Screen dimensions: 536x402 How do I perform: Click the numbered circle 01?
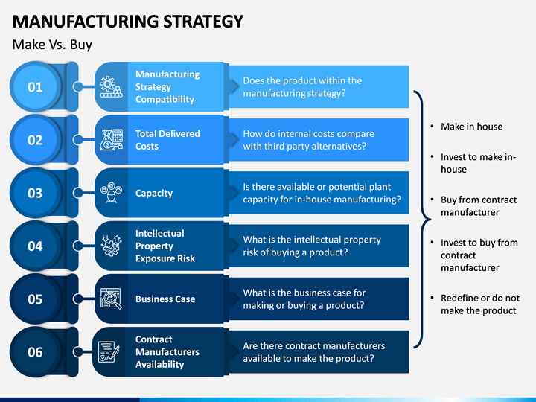click(x=35, y=87)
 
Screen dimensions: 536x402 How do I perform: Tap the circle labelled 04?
click(x=35, y=246)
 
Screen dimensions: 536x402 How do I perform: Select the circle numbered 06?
click(x=35, y=352)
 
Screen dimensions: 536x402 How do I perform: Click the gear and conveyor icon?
click(x=111, y=87)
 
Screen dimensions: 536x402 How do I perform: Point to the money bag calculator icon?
click(x=111, y=140)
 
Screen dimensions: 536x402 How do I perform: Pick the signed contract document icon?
click(x=109, y=351)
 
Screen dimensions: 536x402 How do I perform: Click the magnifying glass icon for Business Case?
click(x=111, y=299)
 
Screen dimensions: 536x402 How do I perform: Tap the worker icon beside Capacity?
click(x=111, y=193)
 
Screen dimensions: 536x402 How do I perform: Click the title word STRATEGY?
click(x=203, y=21)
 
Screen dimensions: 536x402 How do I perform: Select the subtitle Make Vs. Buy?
click(x=52, y=45)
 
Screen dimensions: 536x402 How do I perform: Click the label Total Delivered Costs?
click(x=167, y=140)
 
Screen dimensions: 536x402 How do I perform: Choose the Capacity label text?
click(x=154, y=193)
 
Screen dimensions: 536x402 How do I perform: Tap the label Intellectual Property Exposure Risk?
click(x=165, y=246)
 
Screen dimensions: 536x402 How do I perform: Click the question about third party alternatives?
click(x=309, y=140)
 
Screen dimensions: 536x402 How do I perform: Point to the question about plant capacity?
click(x=322, y=193)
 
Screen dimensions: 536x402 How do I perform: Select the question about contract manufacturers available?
click(x=314, y=352)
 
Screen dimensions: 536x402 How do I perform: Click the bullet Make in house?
click(x=471, y=127)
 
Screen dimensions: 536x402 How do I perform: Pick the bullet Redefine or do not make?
click(x=480, y=304)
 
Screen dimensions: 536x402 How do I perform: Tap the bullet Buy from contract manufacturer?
click(x=479, y=205)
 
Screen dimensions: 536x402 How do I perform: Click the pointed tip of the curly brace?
click(x=431, y=220)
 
